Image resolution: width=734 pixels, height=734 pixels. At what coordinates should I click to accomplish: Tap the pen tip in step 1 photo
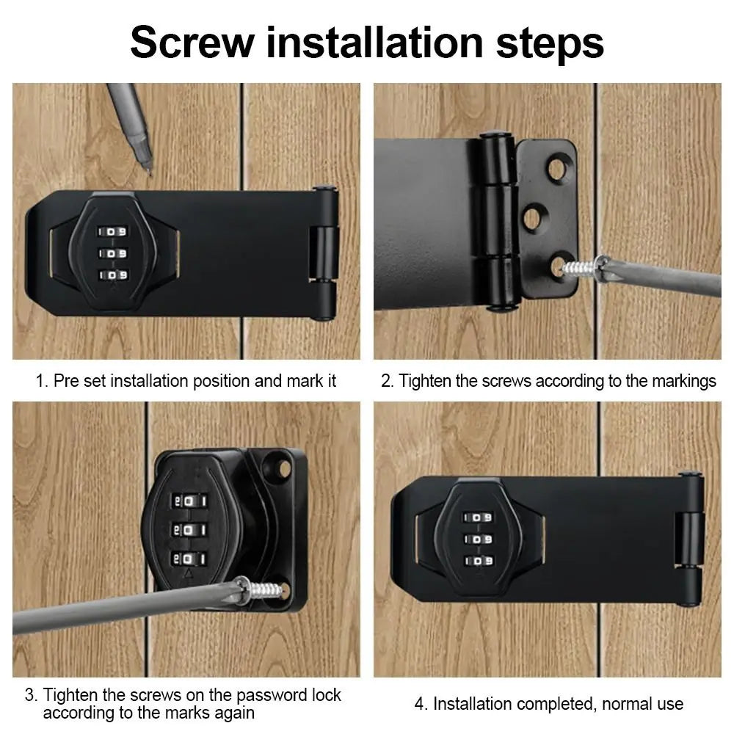(x=148, y=170)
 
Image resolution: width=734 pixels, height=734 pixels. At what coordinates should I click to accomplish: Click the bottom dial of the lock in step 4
(x=477, y=562)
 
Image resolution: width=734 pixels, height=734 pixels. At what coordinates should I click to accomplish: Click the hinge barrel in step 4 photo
(x=688, y=539)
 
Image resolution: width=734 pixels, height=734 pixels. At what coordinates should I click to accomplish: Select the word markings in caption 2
(x=679, y=381)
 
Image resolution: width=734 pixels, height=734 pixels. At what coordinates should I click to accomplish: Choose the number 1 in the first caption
(x=40, y=381)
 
